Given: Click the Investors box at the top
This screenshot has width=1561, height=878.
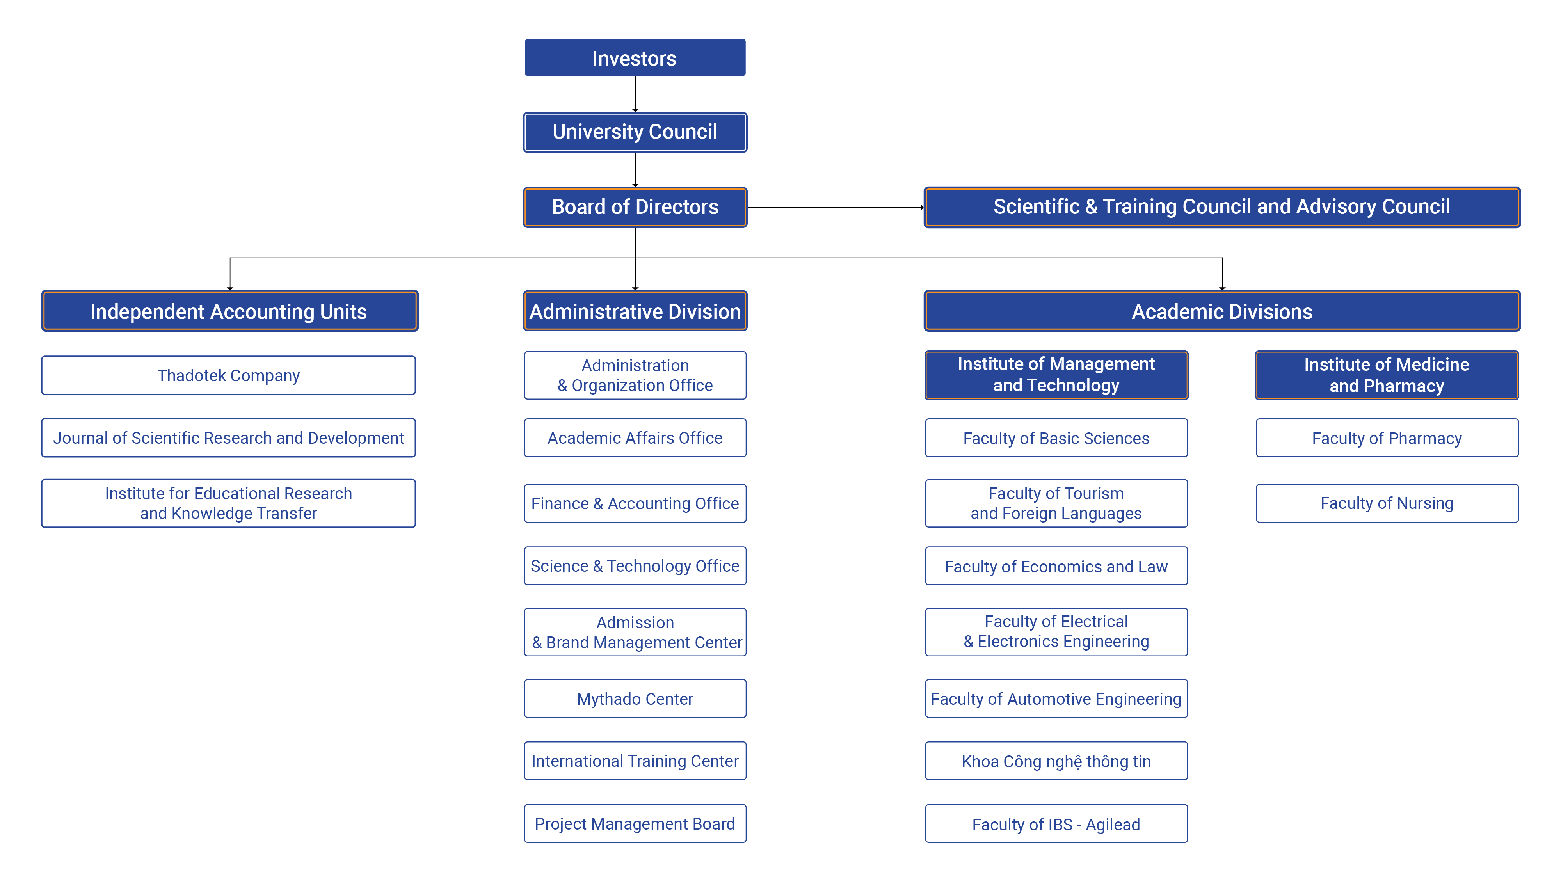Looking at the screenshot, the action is pos(635,58).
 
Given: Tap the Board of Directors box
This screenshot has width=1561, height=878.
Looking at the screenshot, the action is pos(635,207).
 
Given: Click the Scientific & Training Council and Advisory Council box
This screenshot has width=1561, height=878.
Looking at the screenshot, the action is pos(1221,207).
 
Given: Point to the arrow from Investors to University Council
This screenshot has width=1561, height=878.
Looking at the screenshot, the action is pos(635,94).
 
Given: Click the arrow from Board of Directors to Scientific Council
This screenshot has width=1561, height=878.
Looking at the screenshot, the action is pos(836,207).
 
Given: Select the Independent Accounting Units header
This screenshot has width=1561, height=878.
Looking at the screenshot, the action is pos(230,311).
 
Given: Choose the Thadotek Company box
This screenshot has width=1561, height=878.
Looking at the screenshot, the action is pos(228,376).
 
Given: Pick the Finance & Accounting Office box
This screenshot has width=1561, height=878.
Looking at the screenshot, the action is pos(635,503).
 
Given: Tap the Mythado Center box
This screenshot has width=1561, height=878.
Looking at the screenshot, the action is pos(635,698).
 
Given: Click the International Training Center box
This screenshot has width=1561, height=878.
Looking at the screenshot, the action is pos(635,761).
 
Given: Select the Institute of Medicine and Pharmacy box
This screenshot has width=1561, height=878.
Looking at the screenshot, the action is pos(1387,375).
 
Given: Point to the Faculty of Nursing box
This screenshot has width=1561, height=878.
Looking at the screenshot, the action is pos(1387,503).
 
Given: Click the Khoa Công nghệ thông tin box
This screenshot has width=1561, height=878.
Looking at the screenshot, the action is pos(1056,761).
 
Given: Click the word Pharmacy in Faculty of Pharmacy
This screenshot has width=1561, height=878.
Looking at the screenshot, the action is pos(1425,439).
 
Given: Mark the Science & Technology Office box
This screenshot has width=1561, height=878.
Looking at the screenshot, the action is pos(635,566).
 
